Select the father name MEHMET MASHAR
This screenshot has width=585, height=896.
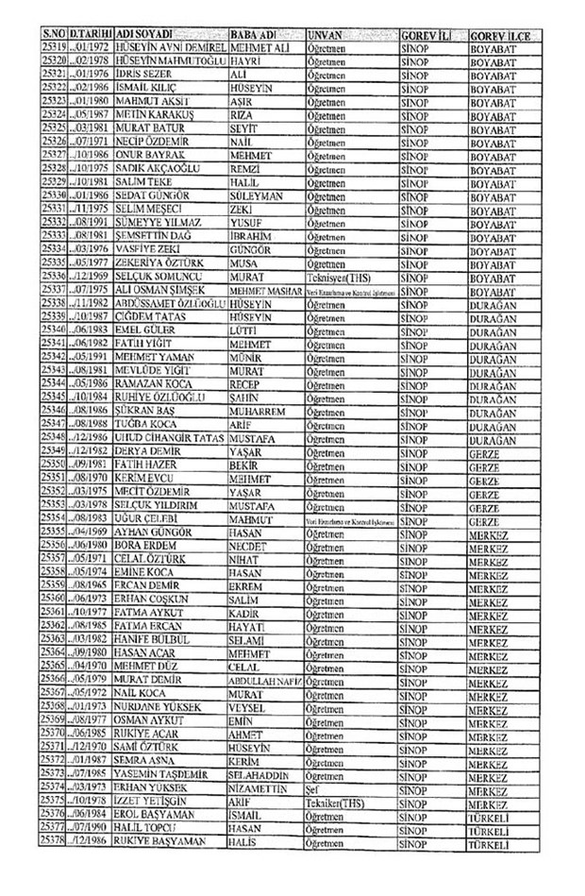[x=266, y=290]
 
